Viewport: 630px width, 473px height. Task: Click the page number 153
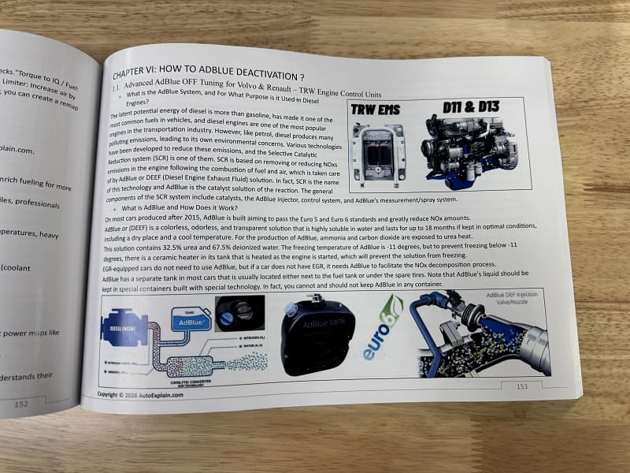tap(521, 386)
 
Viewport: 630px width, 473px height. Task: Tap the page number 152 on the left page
tap(22, 404)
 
